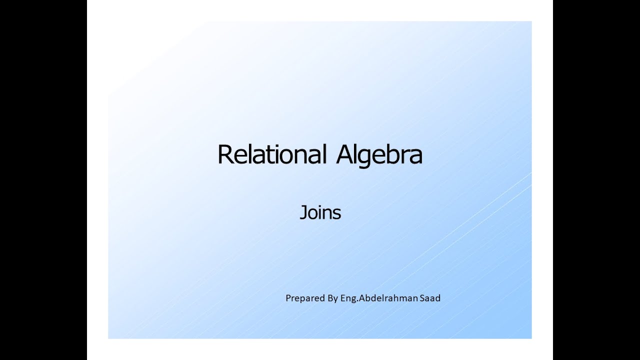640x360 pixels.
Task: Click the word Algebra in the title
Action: (x=379, y=154)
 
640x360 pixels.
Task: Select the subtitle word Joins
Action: (x=320, y=212)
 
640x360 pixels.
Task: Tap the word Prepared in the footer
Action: (x=304, y=298)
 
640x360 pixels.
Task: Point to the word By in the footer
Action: (x=333, y=298)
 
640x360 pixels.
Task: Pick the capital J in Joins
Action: (x=302, y=212)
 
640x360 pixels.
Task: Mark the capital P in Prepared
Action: (x=288, y=298)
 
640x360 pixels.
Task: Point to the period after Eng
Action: (x=355, y=301)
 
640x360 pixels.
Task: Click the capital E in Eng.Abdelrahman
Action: (x=344, y=298)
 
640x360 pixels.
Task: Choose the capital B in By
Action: (x=330, y=298)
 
